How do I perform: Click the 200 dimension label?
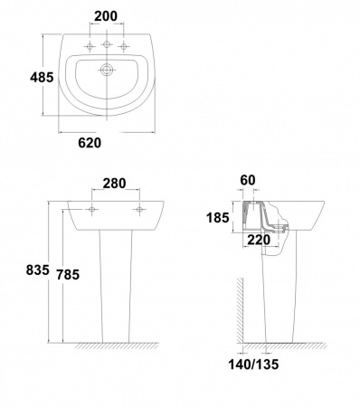pyautogui.click(x=106, y=16)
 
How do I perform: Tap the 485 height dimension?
pyautogui.click(x=42, y=78)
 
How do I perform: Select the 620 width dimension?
pyautogui.click(x=90, y=143)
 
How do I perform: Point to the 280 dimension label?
pyautogui.click(x=114, y=184)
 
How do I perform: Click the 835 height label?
pyautogui.click(x=37, y=270)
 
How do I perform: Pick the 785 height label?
pyautogui.click(x=68, y=274)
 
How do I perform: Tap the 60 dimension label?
pyautogui.click(x=248, y=180)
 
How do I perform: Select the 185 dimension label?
pyautogui.click(x=218, y=217)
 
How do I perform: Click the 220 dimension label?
pyautogui.click(x=259, y=240)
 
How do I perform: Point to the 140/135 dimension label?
pyautogui.click(x=253, y=364)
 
